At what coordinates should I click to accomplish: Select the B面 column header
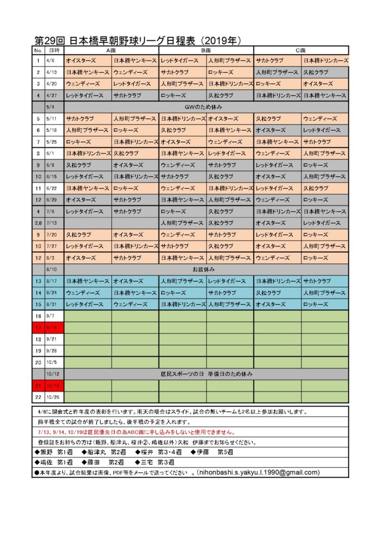206,50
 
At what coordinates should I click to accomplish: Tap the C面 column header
300,50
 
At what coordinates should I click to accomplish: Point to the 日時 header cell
54,50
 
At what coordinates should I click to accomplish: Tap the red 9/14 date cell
54,327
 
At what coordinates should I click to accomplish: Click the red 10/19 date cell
54,386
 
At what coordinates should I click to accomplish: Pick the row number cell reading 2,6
38,223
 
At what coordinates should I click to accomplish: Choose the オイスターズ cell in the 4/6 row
81,61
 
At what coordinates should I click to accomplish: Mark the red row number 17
38,327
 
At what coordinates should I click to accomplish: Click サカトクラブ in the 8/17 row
317,281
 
